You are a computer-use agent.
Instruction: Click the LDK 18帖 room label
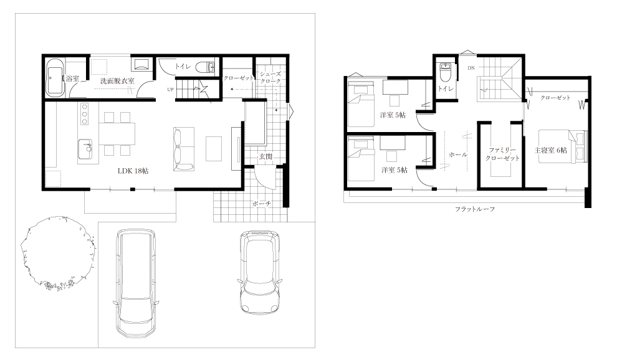(x=133, y=171)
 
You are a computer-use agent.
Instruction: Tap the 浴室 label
(x=72, y=78)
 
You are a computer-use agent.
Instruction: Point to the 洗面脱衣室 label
(x=117, y=81)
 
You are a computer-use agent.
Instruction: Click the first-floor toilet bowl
(x=205, y=67)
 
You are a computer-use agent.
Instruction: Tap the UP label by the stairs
(x=170, y=89)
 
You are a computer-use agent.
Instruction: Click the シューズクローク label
(x=270, y=77)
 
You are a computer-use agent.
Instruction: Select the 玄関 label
(x=265, y=156)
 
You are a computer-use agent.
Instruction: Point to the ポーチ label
(x=262, y=204)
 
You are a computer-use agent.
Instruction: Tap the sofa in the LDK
(x=184, y=149)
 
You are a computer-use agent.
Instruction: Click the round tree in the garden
(x=57, y=253)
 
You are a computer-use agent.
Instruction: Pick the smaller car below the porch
(x=260, y=272)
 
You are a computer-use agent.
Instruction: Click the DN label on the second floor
(x=471, y=68)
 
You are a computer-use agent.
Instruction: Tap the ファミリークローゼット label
(x=502, y=154)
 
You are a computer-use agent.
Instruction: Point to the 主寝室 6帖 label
(x=550, y=150)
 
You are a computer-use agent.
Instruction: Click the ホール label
(x=458, y=154)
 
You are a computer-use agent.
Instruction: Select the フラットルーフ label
(x=475, y=209)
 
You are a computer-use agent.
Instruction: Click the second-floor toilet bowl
(x=446, y=72)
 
